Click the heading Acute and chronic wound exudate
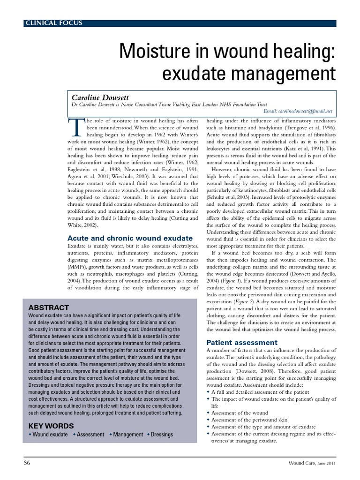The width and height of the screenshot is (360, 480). coord(130,238)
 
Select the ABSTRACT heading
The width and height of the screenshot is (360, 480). coord(49,308)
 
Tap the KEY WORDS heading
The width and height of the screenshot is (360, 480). coord(51,426)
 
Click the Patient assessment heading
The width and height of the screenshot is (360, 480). coord(242,342)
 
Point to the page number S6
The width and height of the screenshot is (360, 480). coord(27,463)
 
